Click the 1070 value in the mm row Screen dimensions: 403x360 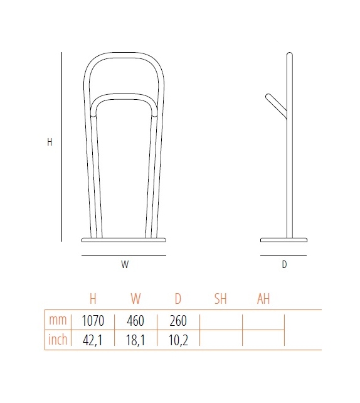[93, 321]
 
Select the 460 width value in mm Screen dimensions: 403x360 [135, 321]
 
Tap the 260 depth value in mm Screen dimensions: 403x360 [178, 321]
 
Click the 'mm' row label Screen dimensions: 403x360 [57, 321]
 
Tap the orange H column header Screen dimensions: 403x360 [93, 299]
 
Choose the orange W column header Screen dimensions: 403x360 [135, 299]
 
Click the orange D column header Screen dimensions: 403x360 [178, 299]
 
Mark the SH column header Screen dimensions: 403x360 [220, 299]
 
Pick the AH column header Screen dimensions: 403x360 [263, 299]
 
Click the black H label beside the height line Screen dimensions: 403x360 [50, 142]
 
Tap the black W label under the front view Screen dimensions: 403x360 [125, 264]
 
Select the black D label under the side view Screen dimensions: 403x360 [284, 264]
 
